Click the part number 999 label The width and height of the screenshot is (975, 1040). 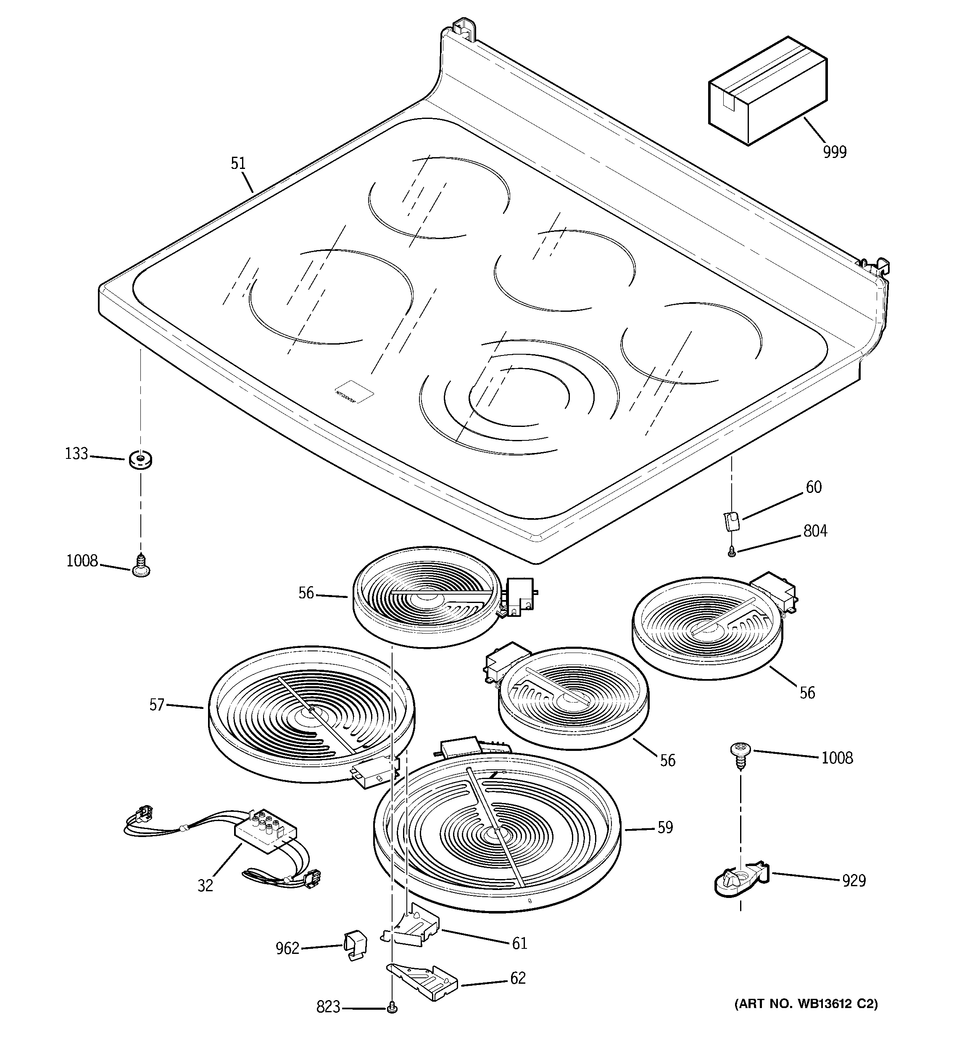(x=834, y=152)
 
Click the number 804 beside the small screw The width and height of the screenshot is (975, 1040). (x=815, y=531)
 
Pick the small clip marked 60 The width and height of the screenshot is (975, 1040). (x=732, y=521)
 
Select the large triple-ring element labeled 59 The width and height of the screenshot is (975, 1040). (x=496, y=835)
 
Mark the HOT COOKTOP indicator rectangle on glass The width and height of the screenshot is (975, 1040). (x=354, y=392)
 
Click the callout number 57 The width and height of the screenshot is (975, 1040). (x=157, y=705)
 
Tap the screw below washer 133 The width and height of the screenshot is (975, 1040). (x=140, y=566)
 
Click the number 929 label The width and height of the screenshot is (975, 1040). (x=854, y=881)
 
